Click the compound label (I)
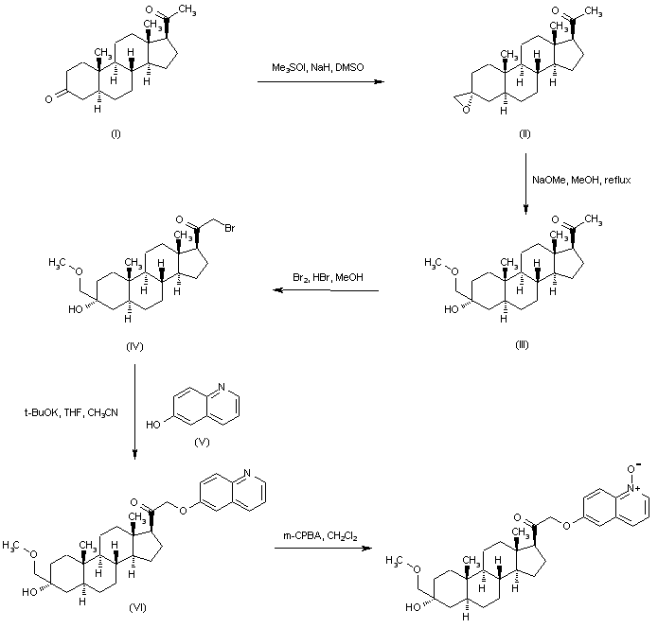pos(116,134)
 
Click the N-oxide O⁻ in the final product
pos(642,465)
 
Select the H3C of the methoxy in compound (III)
pos(435,257)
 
